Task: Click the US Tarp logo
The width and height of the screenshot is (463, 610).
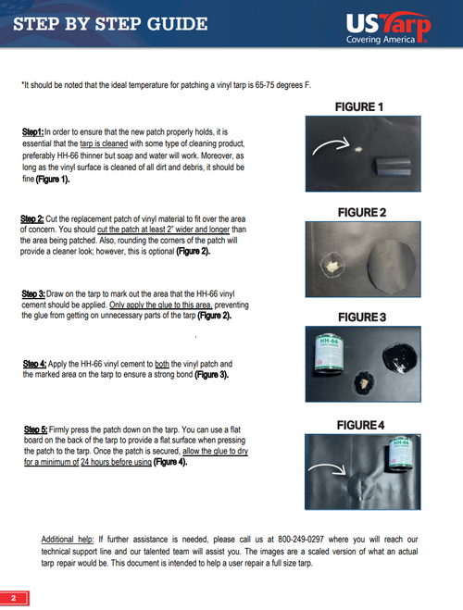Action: pos(388,27)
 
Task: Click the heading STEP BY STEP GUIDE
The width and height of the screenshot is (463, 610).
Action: pos(110,24)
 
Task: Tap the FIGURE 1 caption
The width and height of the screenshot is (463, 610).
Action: pos(359,107)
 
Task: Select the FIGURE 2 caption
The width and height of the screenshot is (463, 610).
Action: pos(362,212)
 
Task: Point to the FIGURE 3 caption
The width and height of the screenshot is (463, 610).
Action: pos(362,317)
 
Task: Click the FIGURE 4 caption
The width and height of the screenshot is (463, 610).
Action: pos(360,425)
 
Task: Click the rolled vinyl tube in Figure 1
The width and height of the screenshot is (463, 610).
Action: pos(393,167)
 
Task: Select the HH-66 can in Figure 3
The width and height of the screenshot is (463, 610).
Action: pos(330,353)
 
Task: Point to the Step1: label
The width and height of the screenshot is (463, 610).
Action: pos(32,132)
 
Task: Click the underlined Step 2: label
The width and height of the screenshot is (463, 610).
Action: pos(31,218)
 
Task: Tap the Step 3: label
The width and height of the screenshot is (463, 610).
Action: pos(33,293)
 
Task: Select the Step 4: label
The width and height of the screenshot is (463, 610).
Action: pos(34,364)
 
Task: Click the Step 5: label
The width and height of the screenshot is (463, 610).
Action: pos(36,429)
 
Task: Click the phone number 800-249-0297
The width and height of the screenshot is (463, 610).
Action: pos(301,540)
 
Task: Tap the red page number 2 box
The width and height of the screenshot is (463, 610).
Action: pos(14,598)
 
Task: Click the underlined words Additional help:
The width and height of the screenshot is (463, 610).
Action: pos(68,540)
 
